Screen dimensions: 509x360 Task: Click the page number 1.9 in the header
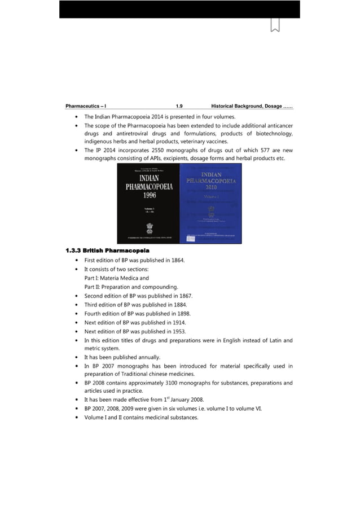tap(179, 106)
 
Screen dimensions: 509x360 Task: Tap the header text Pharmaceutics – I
tap(86, 106)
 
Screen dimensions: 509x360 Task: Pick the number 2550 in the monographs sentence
tap(152, 151)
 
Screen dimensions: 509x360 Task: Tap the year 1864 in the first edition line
tap(175, 260)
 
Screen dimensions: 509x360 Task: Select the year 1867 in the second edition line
tap(184, 296)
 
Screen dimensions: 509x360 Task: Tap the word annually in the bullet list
tap(148, 357)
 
